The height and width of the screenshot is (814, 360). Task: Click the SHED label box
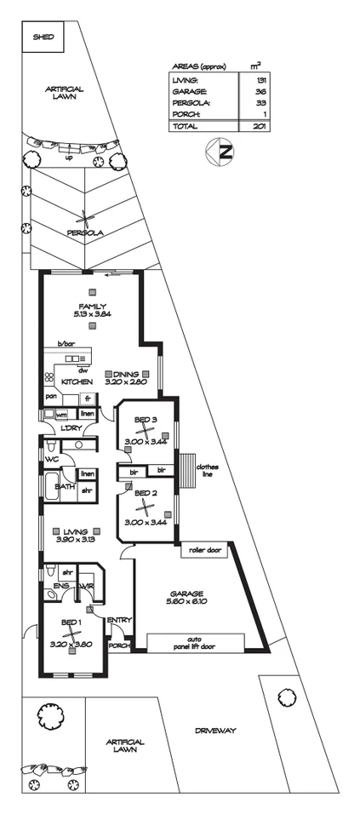click(42, 37)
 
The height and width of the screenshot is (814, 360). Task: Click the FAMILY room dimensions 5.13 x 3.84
click(93, 314)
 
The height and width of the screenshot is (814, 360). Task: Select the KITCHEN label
click(77, 381)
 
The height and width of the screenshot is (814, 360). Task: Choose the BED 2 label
click(146, 492)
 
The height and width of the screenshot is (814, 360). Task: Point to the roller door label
click(203, 550)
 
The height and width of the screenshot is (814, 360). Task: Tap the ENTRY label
click(118, 619)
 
